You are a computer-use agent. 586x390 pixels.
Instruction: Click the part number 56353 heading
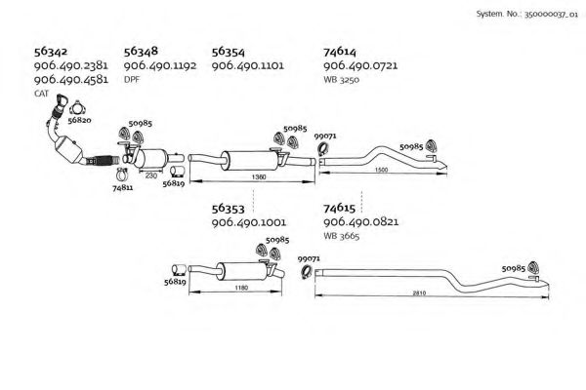point(232,208)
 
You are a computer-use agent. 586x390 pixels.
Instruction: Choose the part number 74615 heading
point(342,208)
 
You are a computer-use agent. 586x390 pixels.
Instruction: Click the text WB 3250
point(343,79)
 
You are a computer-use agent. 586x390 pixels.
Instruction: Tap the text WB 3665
point(343,235)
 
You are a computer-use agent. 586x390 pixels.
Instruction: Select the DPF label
point(132,79)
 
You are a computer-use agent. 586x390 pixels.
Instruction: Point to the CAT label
point(40,93)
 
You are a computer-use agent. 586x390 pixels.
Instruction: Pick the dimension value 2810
point(418,292)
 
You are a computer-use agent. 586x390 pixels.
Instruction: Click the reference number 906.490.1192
point(161,65)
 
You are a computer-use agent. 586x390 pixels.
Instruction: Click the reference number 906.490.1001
point(250,221)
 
